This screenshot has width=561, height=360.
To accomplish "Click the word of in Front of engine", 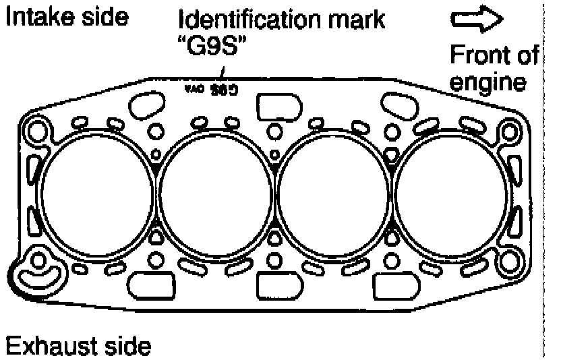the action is click(531, 53).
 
